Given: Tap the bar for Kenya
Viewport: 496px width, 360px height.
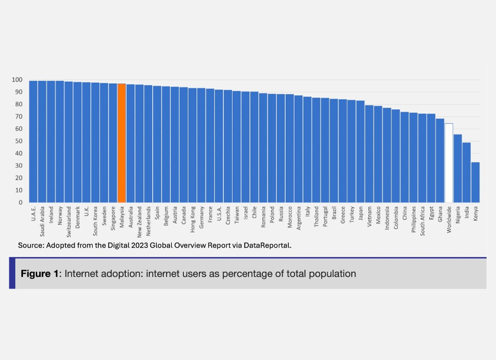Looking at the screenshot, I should [x=475, y=182].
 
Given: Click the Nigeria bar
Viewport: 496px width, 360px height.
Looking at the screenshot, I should [x=458, y=168].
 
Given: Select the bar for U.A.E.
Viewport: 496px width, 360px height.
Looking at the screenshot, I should [x=34, y=142].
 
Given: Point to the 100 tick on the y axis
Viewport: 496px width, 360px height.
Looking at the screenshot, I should [x=17, y=80].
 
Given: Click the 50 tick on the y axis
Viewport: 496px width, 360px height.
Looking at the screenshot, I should [x=19, y=141].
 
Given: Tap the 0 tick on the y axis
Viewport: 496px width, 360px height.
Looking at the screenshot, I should [x=21, y=202].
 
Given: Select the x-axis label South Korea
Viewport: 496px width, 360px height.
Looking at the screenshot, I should [x=95, y=218].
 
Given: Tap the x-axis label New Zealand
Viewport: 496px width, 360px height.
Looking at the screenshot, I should [x=139, y=219].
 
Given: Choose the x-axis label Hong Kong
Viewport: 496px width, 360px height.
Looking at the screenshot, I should [x=192, y=218].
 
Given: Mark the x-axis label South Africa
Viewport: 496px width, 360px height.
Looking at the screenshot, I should [x=422, y=219].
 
